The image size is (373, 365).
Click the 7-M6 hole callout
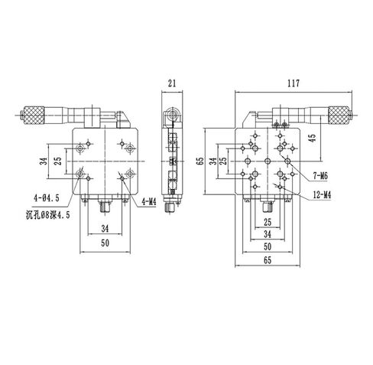point(321,177)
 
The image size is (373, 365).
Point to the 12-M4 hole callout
point(323,194)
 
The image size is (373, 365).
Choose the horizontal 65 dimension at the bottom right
point(267,261)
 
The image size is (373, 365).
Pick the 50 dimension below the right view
point(267,248)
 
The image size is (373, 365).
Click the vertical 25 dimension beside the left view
point(57,161)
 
